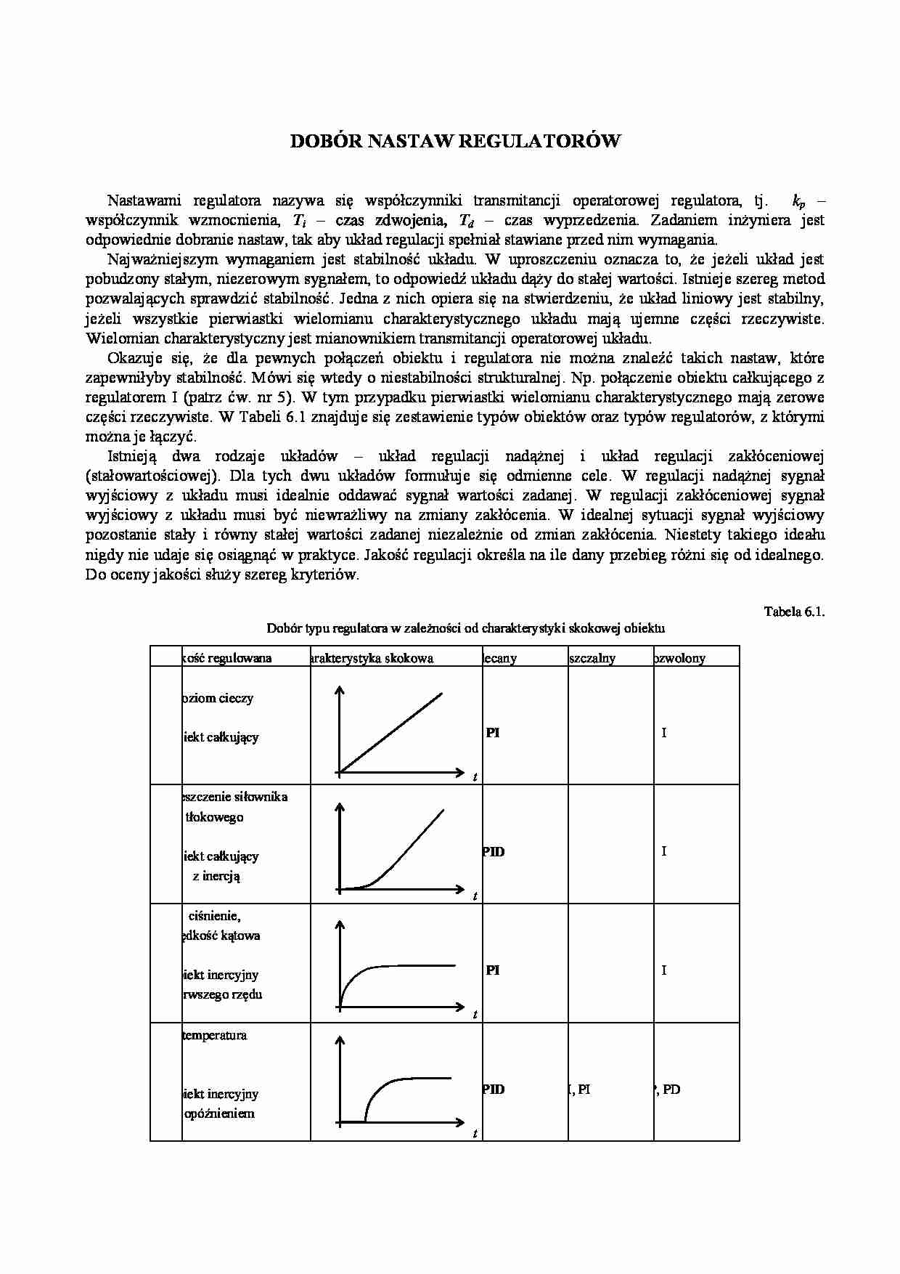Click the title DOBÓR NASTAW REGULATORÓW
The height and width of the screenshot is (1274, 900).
[455, 141]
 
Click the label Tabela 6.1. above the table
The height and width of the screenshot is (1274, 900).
[794, 611]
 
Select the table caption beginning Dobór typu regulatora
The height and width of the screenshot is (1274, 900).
[465, 628]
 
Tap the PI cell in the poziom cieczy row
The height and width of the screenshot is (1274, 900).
[493, 733]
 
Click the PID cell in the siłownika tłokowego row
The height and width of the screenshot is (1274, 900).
[494, 851]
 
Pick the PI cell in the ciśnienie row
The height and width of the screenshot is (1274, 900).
[493, 970]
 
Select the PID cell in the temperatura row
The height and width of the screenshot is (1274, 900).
[494, 1089]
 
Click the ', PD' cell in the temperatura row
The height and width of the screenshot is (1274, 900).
[668, 1090]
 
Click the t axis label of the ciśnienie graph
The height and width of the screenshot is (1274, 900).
[475, 1015]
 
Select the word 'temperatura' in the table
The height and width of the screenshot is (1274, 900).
[215, 1035]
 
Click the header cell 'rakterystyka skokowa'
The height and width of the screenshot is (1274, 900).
[372, 658]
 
